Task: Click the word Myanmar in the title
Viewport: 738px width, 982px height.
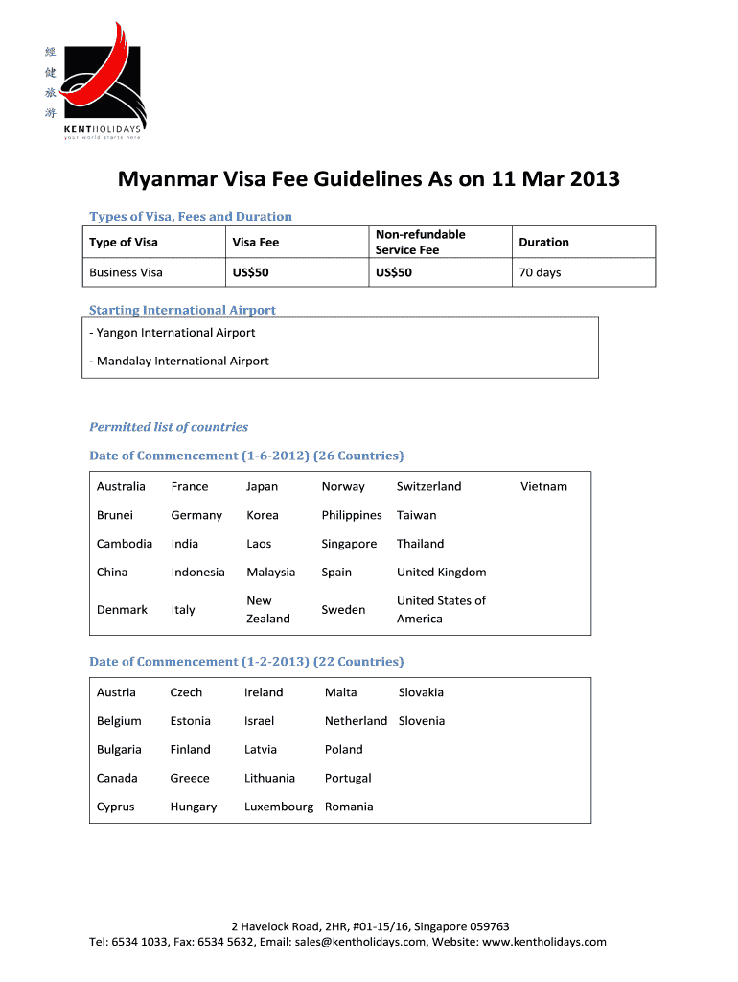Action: pos(162,179)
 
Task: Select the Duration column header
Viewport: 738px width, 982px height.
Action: pos(543,243)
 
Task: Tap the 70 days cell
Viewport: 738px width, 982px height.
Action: pos(540,272)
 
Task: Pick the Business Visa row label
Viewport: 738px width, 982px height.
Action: pos(126,272)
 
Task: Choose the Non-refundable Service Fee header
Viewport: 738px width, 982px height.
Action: pos(420,242)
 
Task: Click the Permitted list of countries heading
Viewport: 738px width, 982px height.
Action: pos(169,427)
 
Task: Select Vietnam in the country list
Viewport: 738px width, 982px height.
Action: pos(543,486)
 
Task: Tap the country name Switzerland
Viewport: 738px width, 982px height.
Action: pos(428,486)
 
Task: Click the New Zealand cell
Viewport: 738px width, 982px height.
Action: pos(267,610)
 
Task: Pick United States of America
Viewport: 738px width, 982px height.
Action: pos(440,610)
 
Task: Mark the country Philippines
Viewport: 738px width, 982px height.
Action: pos(351,515)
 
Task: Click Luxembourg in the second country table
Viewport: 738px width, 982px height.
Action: pos(278,807)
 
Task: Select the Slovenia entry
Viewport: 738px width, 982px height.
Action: pos(422,721)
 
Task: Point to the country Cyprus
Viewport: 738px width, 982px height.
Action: pos(115,807)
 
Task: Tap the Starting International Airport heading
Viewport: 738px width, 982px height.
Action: pos(182,310)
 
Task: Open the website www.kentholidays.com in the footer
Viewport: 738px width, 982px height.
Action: pos(546,942)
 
